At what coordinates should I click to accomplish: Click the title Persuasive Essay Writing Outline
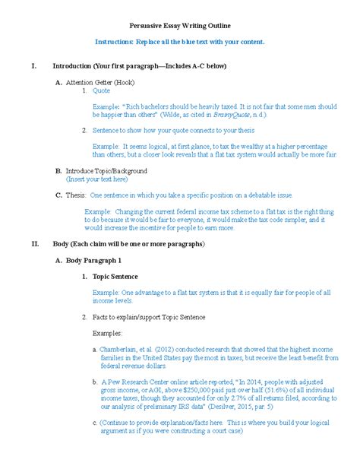(x=179, y=25)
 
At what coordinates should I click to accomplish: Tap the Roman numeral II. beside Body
(x=34, y=246)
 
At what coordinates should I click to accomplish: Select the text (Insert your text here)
(x=97, y=179)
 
